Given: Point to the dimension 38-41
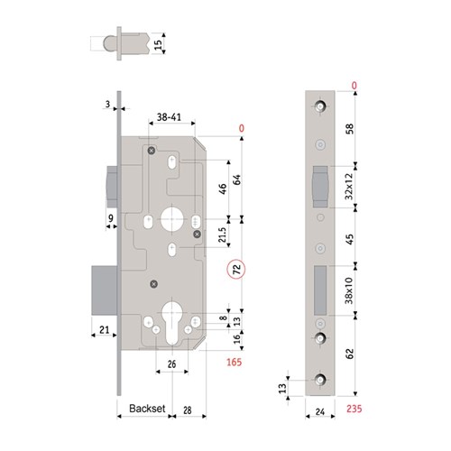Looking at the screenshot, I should (171, 116).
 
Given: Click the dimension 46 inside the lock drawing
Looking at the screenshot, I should (222, 189).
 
